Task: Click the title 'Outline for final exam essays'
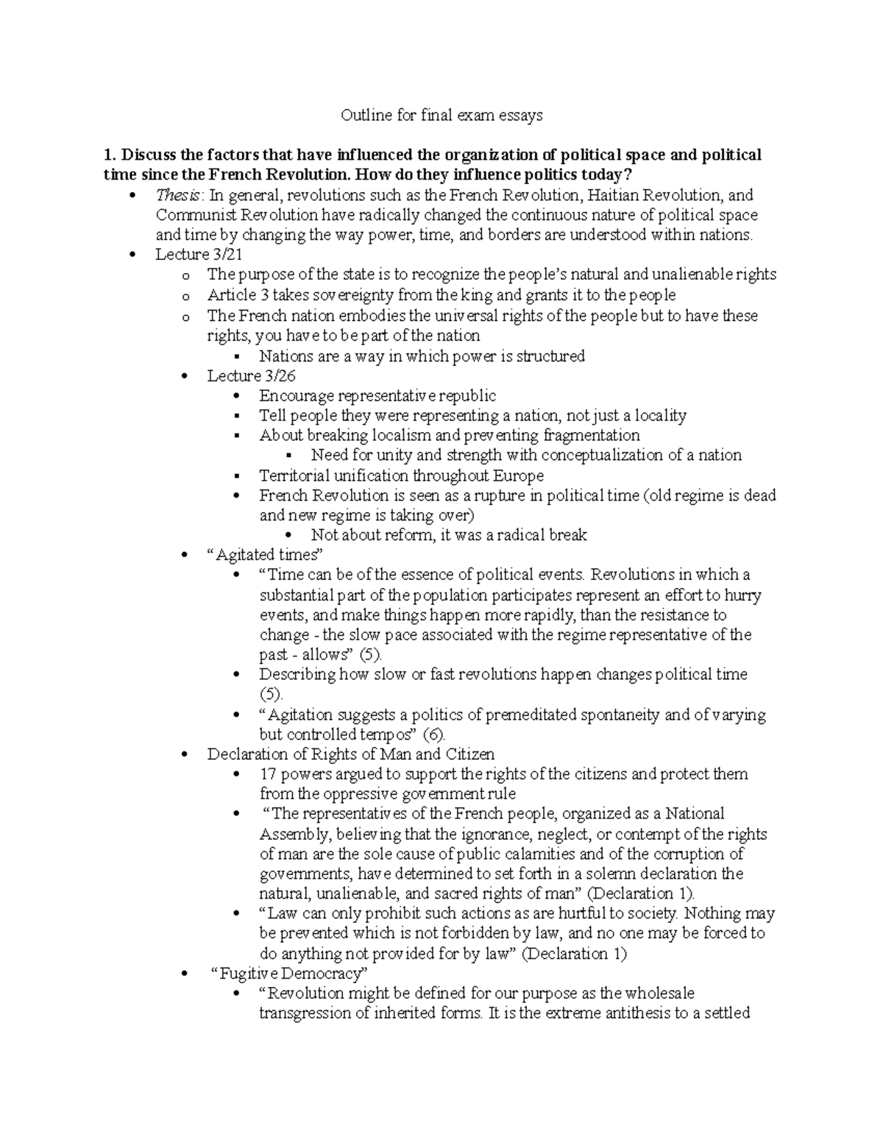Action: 441,115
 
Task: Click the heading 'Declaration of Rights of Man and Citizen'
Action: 350,754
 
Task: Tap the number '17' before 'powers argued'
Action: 268,774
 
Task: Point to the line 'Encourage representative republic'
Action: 377,396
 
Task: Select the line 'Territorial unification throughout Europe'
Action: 401,475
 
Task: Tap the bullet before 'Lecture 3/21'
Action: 132,255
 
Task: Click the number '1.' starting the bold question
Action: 110,155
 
